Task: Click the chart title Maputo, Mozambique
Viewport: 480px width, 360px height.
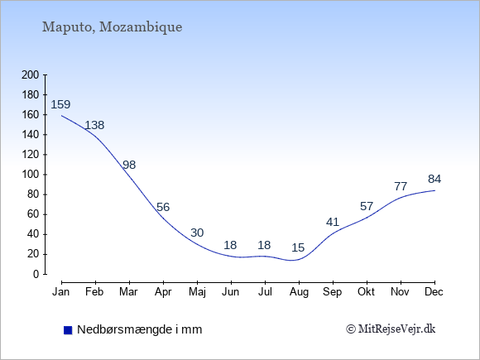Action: click(113, 26)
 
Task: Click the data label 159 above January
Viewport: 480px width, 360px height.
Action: click(60, 105)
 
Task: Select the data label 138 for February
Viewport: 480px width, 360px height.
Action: click(94, 126)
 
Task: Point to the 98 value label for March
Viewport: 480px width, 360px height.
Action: click(129, 166)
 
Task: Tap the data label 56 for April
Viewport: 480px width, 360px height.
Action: click(162, 207)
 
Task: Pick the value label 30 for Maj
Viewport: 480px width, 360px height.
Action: click(197, 233)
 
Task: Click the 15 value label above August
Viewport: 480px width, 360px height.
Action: click(298, 247)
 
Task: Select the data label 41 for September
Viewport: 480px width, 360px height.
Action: click(333, 222)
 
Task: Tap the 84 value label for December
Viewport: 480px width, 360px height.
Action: click(434, 179)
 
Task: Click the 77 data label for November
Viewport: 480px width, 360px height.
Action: click(401, 186)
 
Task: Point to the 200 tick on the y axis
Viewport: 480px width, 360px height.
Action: click(31, 75)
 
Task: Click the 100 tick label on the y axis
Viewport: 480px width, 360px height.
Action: click(31, 175)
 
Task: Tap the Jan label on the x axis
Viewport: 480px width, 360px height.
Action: click(61, 291)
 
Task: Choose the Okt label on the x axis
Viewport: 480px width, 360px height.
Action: click(367, 291)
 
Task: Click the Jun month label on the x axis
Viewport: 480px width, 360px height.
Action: click(231, 291)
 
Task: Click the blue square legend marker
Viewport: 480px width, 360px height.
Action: click(67, 330)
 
